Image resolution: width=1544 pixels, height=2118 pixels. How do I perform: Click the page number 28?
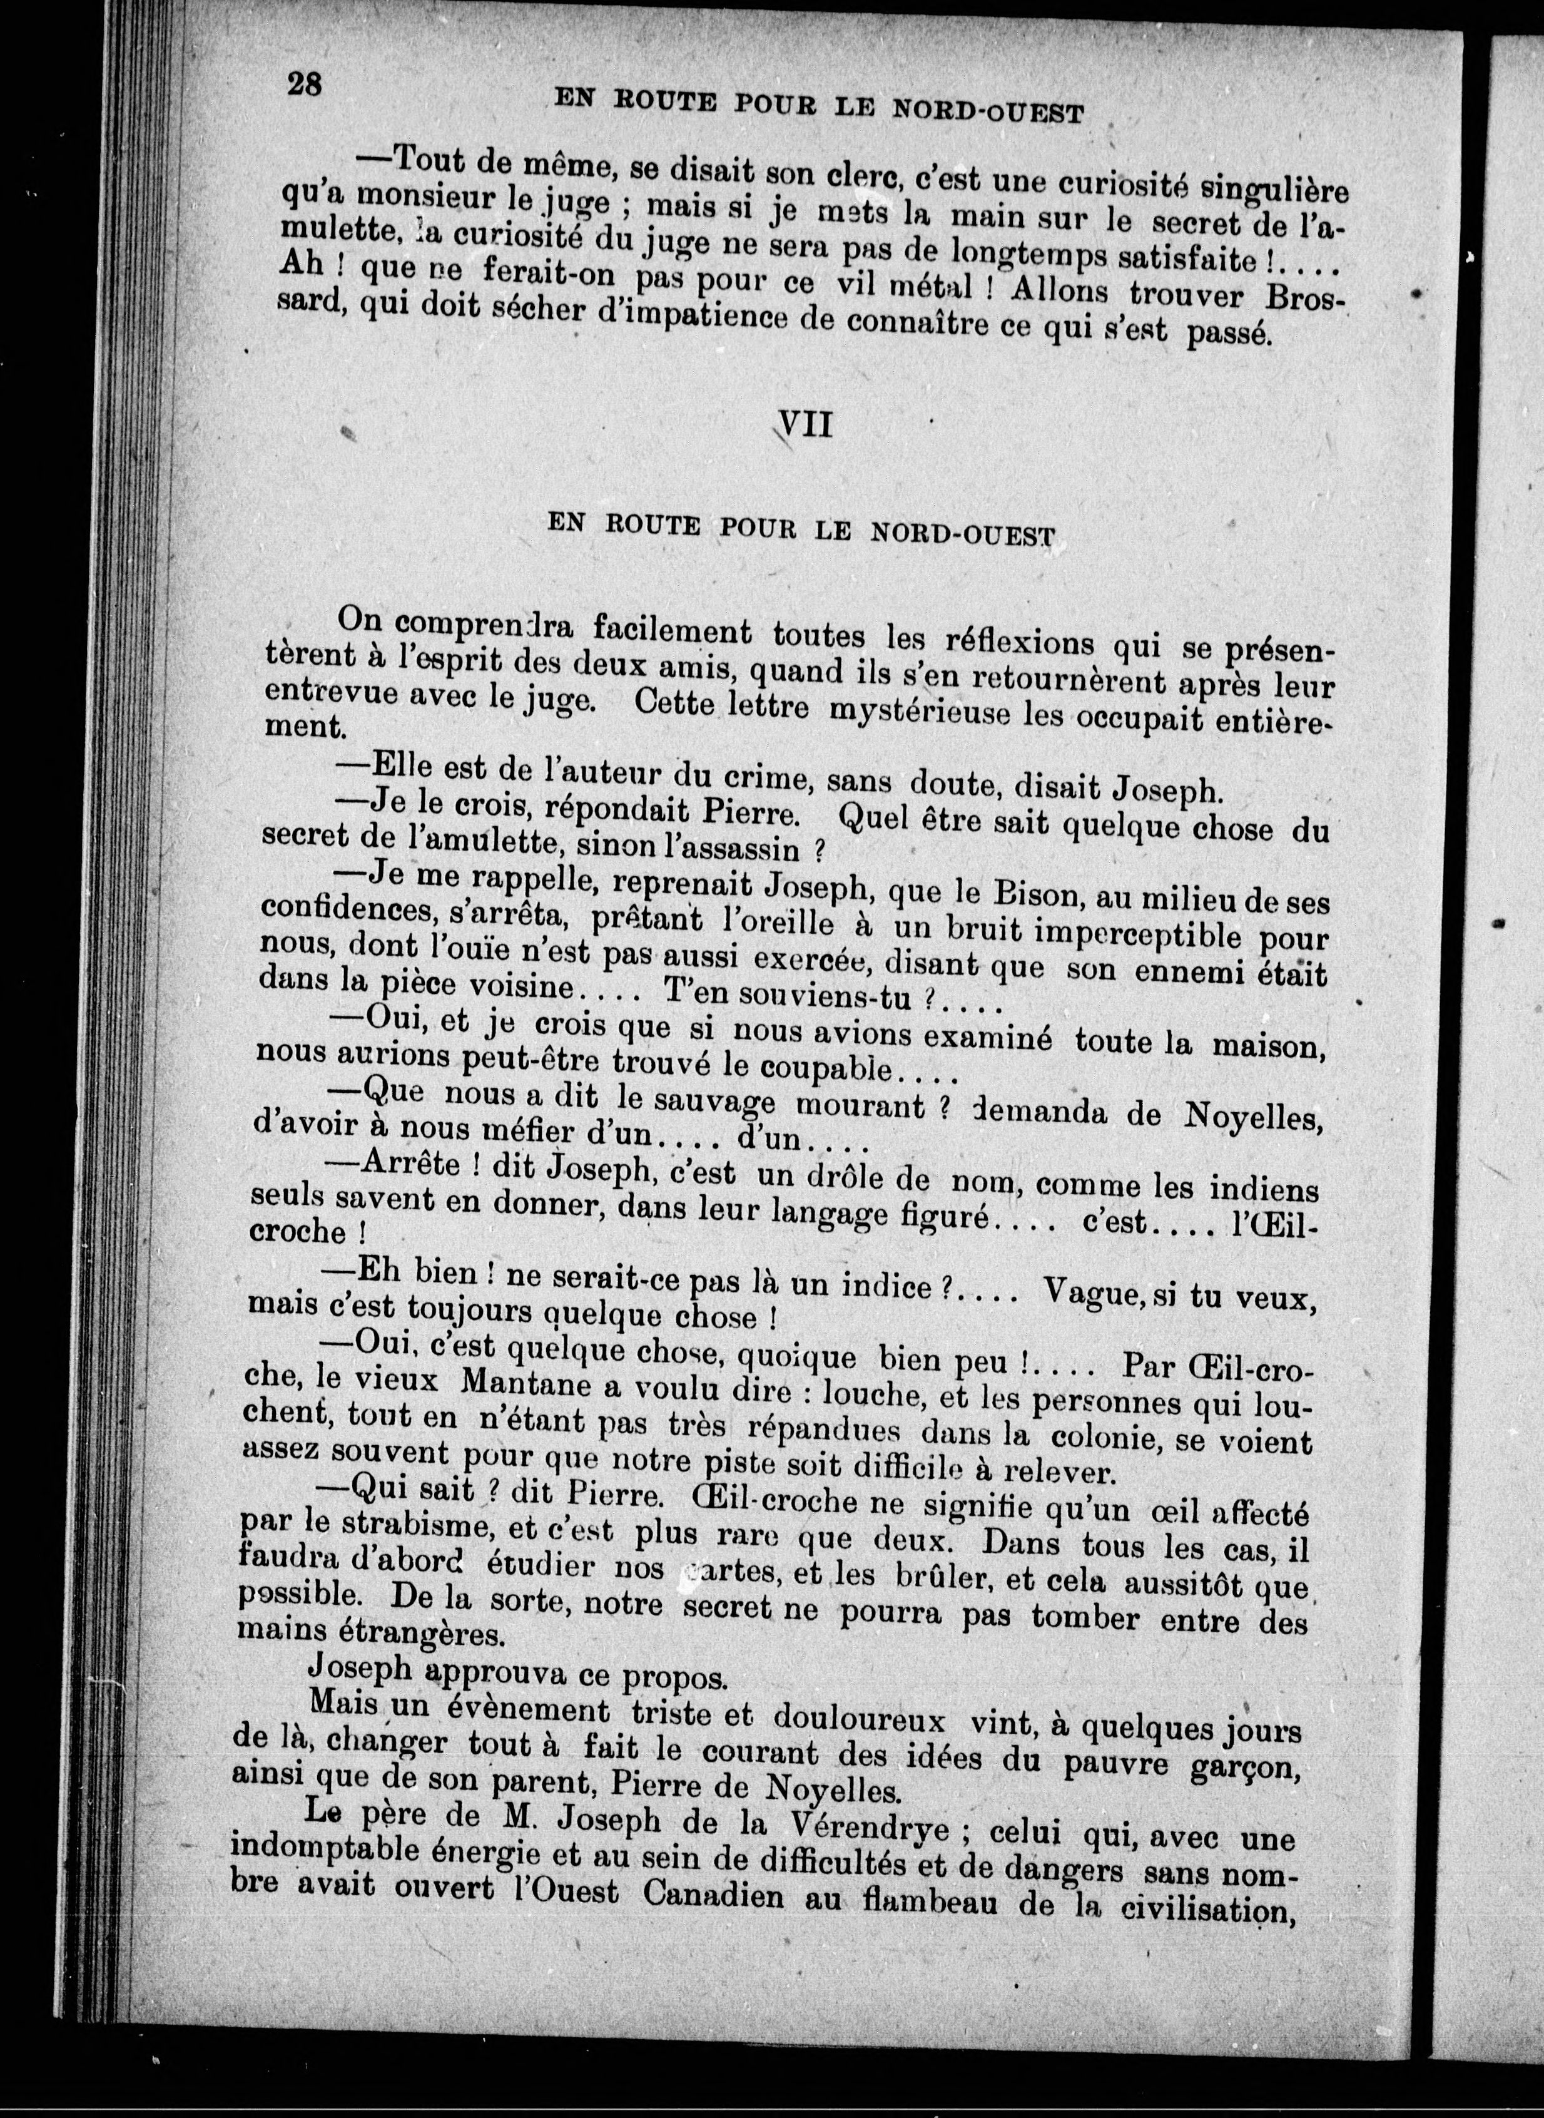305,84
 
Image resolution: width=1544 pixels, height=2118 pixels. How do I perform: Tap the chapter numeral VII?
805,426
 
